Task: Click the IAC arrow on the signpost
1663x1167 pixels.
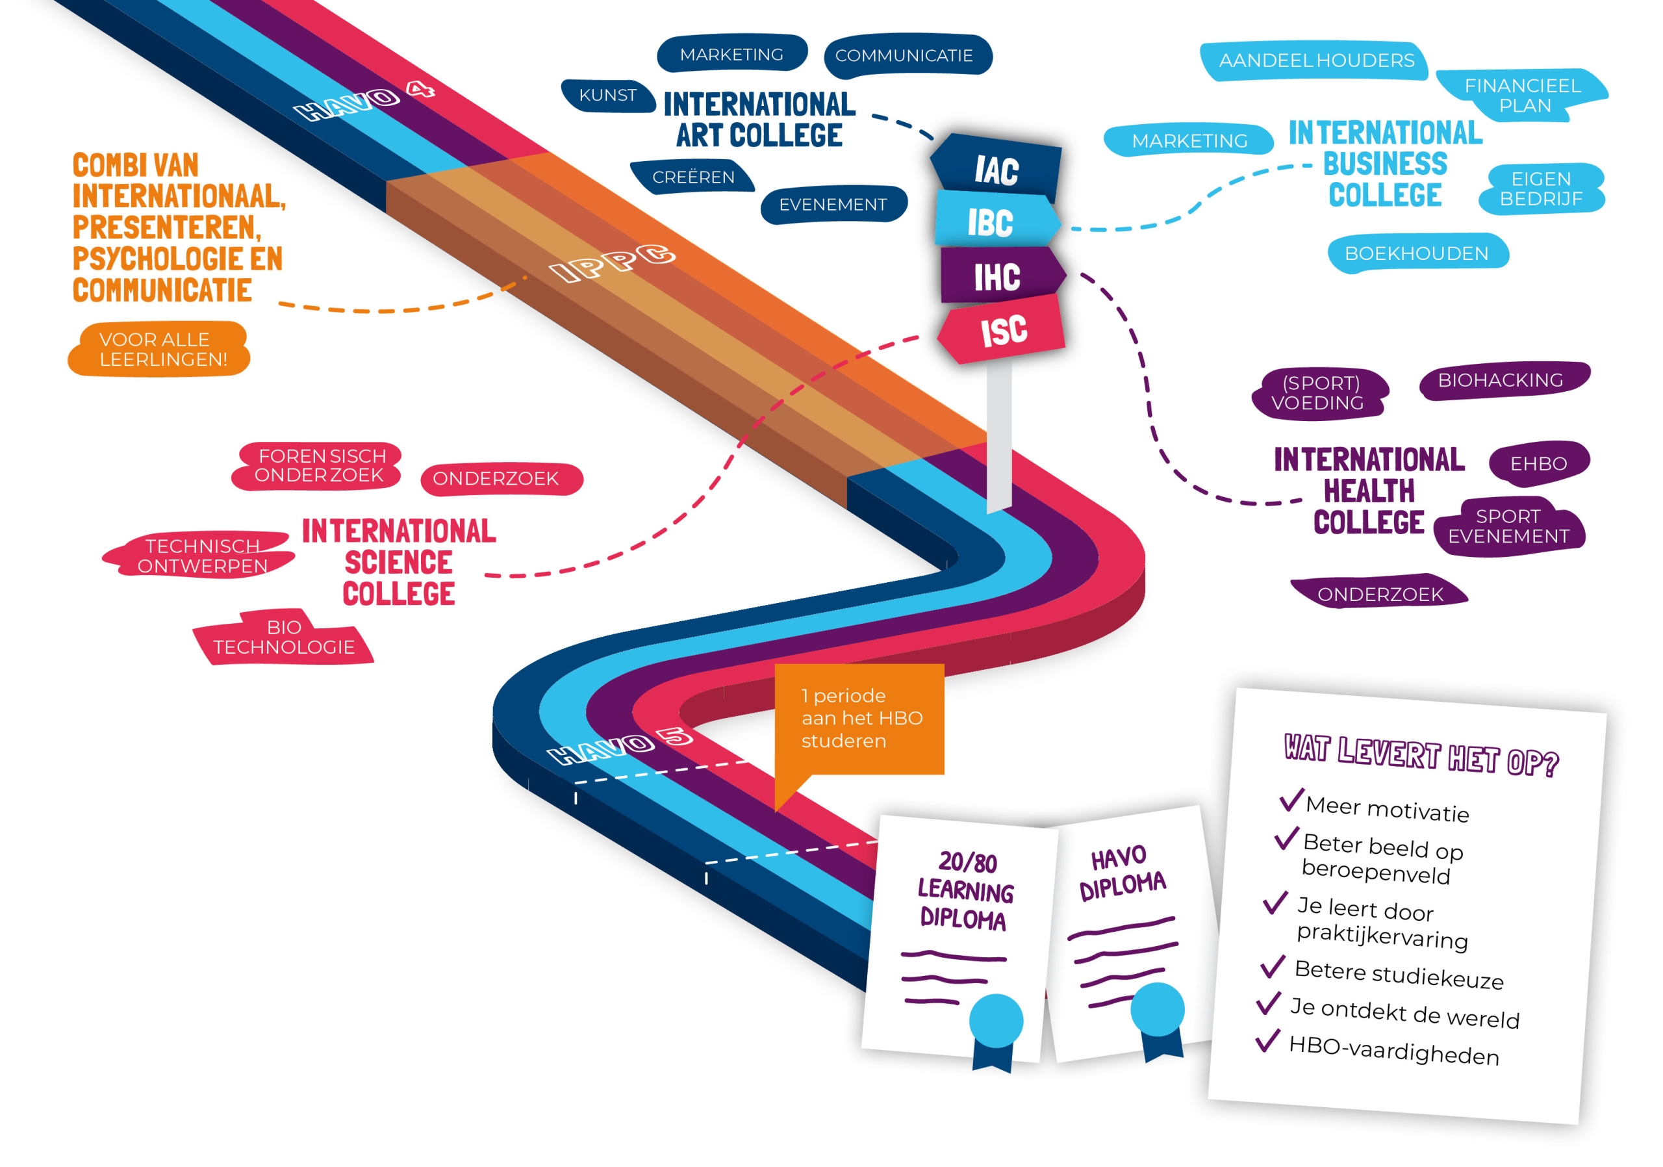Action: [x=996, y=170]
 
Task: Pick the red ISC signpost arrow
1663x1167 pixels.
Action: [x=1003, y=330]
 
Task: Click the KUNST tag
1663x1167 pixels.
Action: [x=607, y=96]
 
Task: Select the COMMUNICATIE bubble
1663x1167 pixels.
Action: [x=906, y=56]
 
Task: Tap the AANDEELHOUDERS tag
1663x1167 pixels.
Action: [x=1315, y=61]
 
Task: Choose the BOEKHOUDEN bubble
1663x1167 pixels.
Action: [x=1416, y=253]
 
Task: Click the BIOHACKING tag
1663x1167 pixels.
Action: [x=1501, y=380]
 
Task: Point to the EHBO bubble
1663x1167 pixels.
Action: [x=1538, y=463]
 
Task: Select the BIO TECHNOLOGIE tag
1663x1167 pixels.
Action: [x=284, y=637]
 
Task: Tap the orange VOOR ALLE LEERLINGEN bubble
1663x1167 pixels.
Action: [x=161, y=349]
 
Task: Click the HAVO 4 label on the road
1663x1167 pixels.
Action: [x=364, y=101]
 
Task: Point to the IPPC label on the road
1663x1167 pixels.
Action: [x=613, y=263]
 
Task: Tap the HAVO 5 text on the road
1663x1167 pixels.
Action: [x=620, y=746]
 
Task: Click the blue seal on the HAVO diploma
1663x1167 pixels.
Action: [x=1158, y=1009]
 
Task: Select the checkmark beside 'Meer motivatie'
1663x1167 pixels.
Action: [x=1291, y=800]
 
